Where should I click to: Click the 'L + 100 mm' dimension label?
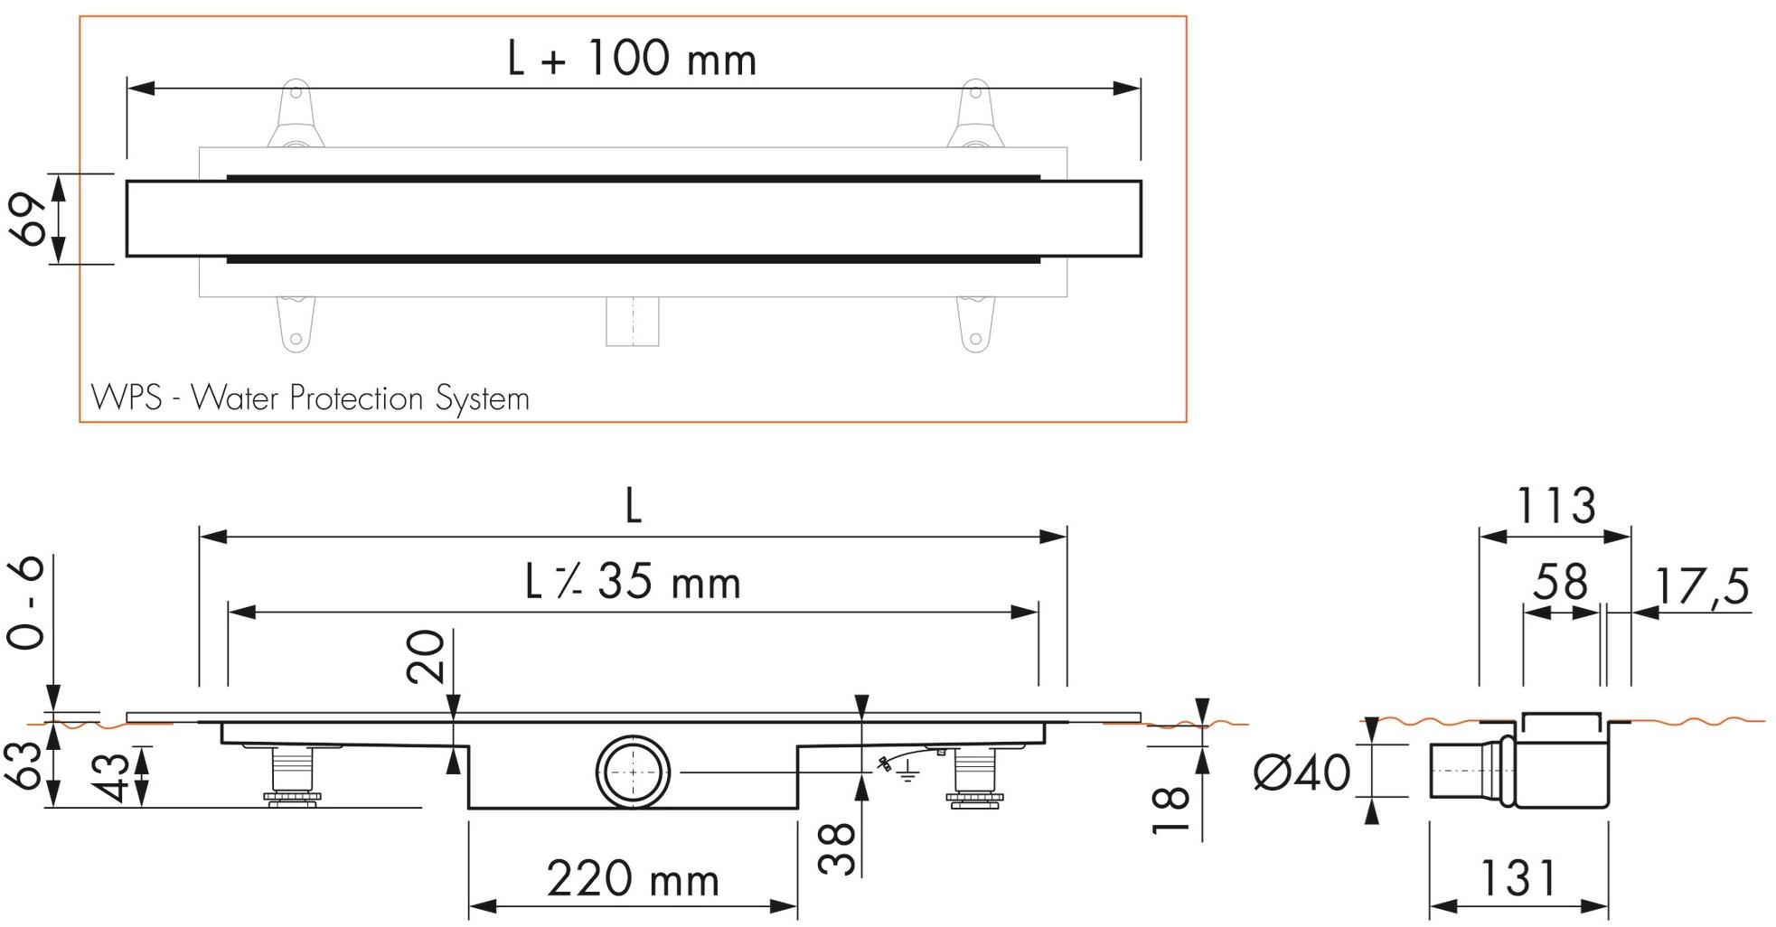632,60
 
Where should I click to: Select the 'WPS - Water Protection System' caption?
310,398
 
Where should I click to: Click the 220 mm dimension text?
633,879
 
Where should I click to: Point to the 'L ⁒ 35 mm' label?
633,582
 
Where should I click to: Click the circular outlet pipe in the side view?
633,772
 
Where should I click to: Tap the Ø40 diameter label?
1301,772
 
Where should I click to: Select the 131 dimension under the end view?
1518,878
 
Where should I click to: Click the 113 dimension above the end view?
1555,506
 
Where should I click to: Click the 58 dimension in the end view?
1561,583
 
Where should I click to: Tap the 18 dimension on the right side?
1171,810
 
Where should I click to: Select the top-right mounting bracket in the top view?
974,116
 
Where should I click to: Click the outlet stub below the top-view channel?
632,322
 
